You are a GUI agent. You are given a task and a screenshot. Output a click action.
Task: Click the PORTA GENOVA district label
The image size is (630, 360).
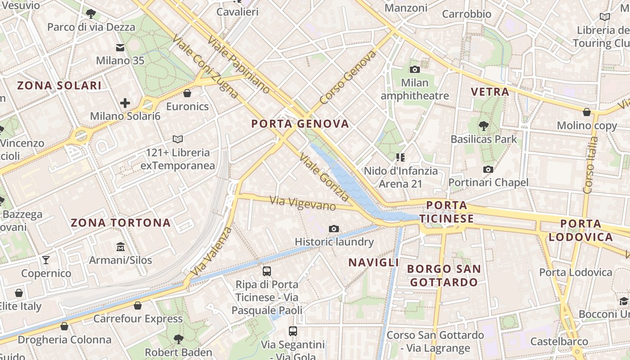click(300, 124)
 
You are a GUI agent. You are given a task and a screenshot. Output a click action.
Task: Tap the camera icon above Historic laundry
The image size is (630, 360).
click(333, 229)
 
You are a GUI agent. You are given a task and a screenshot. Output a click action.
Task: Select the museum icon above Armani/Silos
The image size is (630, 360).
click(121, 247)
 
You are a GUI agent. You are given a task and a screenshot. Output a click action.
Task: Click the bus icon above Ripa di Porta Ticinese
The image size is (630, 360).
click(267, 271)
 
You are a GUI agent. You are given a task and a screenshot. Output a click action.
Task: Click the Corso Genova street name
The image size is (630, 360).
click(348, 77)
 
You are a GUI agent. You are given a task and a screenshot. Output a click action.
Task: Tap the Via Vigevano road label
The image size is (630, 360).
click(303, 203)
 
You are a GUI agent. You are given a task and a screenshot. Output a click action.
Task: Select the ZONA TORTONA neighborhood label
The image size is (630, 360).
click(121, 223)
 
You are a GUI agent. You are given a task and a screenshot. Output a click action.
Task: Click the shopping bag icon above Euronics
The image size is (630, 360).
click(187, 93)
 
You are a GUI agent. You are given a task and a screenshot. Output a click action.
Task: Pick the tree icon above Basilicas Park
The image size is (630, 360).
click(484, 126)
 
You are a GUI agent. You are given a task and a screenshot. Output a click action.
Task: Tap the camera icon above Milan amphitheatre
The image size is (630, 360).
click(414, 69)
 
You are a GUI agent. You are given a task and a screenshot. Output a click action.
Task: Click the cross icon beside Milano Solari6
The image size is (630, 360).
click(125, 103)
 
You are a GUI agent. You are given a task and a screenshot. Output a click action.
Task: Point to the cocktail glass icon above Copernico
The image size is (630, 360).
click(46, 260)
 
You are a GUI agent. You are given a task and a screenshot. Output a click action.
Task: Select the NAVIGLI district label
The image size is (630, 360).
click(373, 262)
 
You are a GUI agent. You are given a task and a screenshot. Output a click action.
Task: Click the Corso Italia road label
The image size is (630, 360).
click(590, 165)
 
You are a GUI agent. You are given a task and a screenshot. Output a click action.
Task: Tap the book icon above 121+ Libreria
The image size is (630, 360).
click(178, 139)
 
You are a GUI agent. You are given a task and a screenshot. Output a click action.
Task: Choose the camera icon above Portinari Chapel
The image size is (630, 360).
click(488, 169)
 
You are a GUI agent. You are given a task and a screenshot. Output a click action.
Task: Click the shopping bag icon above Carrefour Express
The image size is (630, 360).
click(138, 306)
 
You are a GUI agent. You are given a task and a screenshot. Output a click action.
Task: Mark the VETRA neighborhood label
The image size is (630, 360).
click(490, 92)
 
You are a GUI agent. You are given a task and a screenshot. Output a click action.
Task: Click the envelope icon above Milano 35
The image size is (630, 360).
click(120, 47)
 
